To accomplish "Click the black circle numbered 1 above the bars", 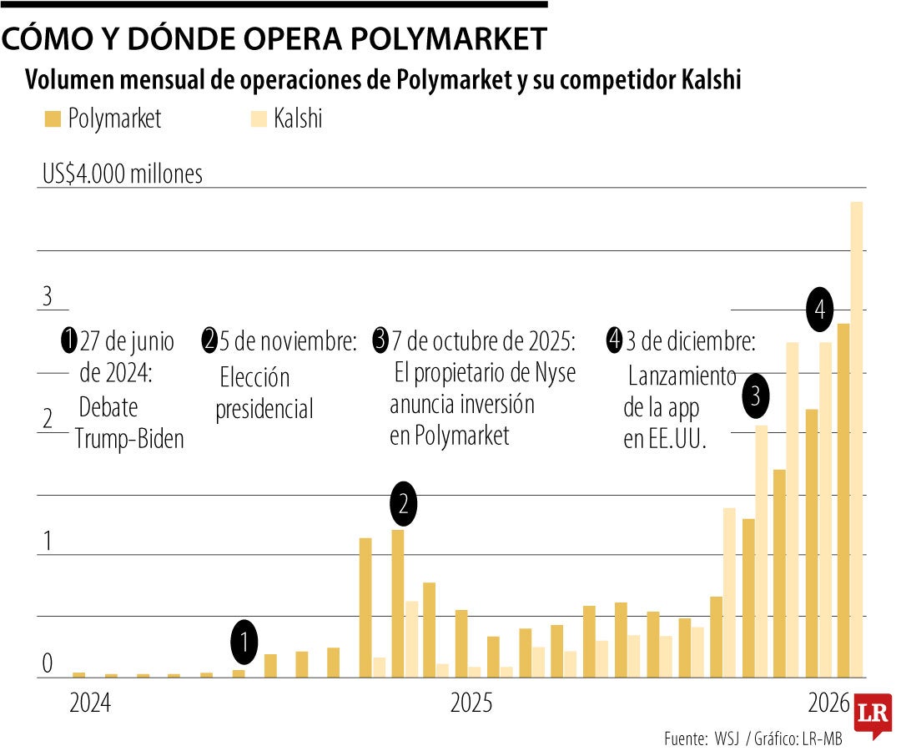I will coord(244,642).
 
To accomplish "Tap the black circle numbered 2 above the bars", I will coord(404,503).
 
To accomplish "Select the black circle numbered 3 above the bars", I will coord(755,396).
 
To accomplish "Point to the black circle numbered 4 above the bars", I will coord(820,310).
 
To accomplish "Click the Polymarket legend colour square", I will coord(52,119).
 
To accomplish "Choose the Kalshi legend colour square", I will coord(259,119).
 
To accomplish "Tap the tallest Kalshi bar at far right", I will coord(856,438).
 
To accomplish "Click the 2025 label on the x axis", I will coord(471,703).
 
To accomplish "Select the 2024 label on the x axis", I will coord(89,703).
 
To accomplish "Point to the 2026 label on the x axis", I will coord(829,703).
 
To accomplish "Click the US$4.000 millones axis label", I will coord(123,174).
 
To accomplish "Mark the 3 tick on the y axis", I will coord(48,296).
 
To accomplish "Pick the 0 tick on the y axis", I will coord(48,664).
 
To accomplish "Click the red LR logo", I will coord(872,713).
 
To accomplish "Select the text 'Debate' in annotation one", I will coord(108,408).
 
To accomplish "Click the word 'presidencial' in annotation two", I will coord(264,409).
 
